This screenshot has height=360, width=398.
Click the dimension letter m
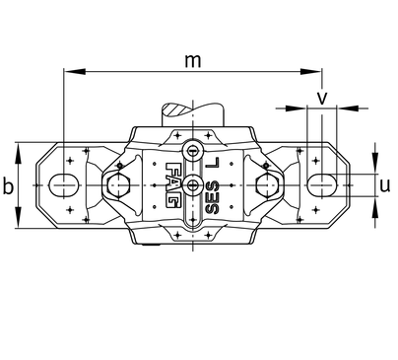[x=192, y=61]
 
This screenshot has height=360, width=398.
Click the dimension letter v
[x=322, y=98]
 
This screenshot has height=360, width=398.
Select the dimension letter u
[x=385, y=185]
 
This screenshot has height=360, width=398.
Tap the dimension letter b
[x=9, y=186]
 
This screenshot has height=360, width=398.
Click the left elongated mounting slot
[x=64, y=185]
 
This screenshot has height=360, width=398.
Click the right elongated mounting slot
[x=322, y=185]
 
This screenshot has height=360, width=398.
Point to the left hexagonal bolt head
[x=118, y=185]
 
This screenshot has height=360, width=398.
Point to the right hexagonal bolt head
[x=267, y=185]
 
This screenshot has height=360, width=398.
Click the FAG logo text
[x=172, y=185]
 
